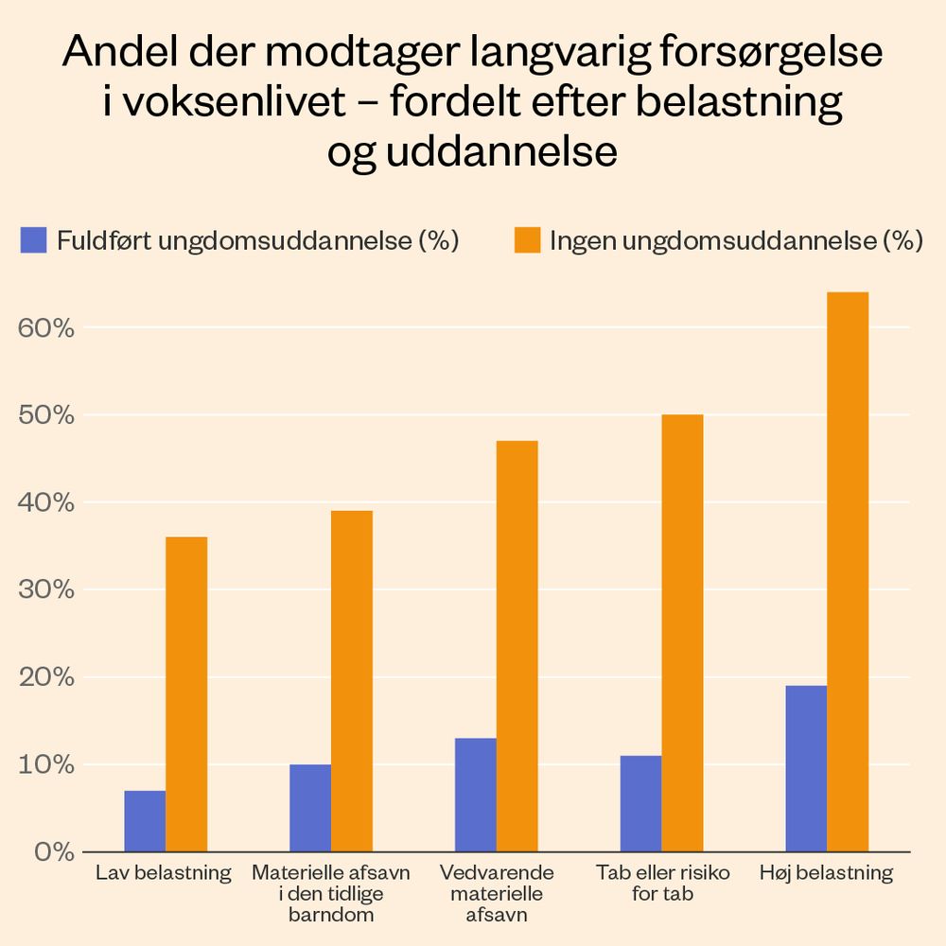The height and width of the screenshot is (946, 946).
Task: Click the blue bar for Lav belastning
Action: (145, 821)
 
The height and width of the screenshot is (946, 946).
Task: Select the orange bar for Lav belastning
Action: (186, 694)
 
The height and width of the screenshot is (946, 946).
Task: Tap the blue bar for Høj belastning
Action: (806, 768)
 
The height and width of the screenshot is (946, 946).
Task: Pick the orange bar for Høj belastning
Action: (848, 571)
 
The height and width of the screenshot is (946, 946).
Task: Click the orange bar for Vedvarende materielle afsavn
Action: (517, 646)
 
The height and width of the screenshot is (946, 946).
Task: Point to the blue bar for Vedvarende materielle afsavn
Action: (475, 795)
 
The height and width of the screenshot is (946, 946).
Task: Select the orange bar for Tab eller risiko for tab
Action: (682, 633)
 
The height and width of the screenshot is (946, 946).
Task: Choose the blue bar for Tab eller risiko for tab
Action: (640, 803)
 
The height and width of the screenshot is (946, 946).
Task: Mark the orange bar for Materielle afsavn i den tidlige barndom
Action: (352, 681)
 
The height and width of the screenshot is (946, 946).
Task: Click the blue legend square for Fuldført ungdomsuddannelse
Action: (34, 240)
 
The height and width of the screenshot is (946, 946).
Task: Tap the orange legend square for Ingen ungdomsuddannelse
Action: (527, 240)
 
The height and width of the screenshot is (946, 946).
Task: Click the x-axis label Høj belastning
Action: (826, 872)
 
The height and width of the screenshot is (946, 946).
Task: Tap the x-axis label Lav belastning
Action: (164, 872)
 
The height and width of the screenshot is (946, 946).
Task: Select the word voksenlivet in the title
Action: (235, 103)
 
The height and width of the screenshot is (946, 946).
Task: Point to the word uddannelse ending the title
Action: (503, 152)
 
